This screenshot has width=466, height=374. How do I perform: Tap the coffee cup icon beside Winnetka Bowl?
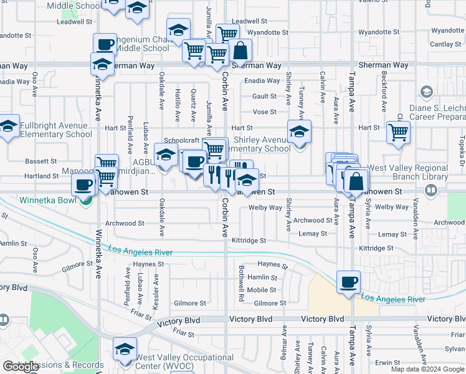click(x=83, y=184)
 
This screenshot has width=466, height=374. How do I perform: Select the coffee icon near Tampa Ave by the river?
click(x=348, y=281)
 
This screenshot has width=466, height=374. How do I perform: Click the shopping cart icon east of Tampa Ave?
click(x=398, y=132)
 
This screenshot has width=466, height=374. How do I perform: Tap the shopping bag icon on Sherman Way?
click(x=240, y=50)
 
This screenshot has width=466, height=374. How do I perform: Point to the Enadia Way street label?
click(x=262, y=81)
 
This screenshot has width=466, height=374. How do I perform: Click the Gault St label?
click(x=264, y=96)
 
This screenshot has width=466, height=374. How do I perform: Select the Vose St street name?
click(x=264, y=112)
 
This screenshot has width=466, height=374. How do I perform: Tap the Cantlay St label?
click(x=445, y=44)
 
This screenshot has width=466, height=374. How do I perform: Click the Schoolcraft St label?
click(x=181, y=140)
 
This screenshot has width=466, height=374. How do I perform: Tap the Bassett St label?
click(x=41, y=161)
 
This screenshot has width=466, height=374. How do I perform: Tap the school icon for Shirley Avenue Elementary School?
click(x=300, y=132)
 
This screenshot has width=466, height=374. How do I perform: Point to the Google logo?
click(x=20, y=367)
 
